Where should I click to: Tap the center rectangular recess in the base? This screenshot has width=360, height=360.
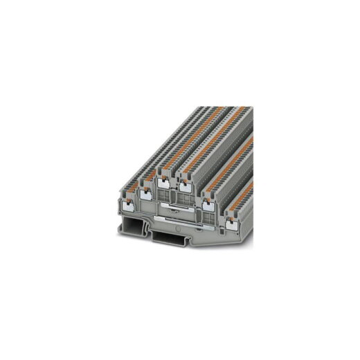click(x=166, y=239)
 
